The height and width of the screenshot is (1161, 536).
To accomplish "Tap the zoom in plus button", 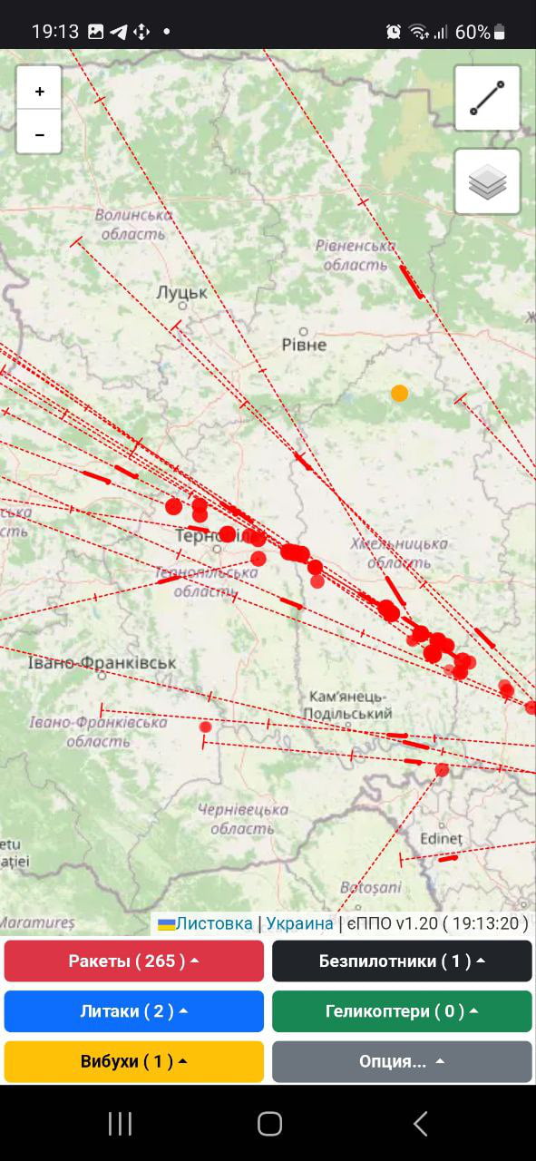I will [39, 91].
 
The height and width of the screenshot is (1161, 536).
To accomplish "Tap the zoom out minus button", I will [39, 134].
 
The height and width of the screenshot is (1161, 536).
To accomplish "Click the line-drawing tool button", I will [487, 97].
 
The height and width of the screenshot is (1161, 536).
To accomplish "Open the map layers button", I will [487, 182].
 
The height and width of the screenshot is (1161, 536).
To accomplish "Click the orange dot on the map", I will [399, 393].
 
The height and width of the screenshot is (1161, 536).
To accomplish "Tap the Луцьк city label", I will [181, 293].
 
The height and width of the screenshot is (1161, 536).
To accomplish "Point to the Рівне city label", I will [304, 345].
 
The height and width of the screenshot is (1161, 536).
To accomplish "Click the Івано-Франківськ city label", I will [102, 663].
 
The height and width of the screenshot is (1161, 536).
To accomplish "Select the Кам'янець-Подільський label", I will [350, 705].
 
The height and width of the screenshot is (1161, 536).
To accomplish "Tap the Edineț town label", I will [441, 839].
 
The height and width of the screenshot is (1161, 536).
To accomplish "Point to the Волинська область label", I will [133, 224].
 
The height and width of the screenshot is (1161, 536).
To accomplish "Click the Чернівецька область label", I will [243, 818].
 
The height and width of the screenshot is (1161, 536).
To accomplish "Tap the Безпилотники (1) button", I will [402, 961].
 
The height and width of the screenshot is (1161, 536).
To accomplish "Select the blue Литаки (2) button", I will [134, 1010].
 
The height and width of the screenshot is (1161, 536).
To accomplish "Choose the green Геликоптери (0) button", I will [402, 1010].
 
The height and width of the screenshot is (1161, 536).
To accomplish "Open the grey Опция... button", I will [402, 1061].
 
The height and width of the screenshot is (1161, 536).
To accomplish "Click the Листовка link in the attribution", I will [213, 923].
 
